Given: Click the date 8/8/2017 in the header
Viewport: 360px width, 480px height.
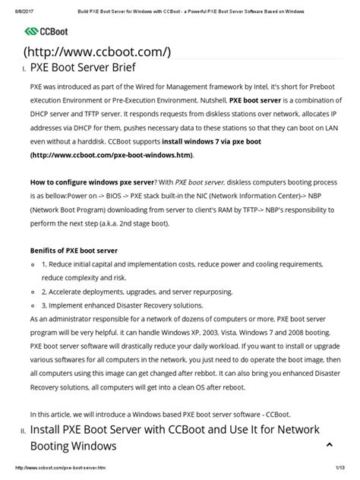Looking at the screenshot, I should [17, 6].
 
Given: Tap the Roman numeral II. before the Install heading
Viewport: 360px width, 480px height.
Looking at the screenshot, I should [23, 431].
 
